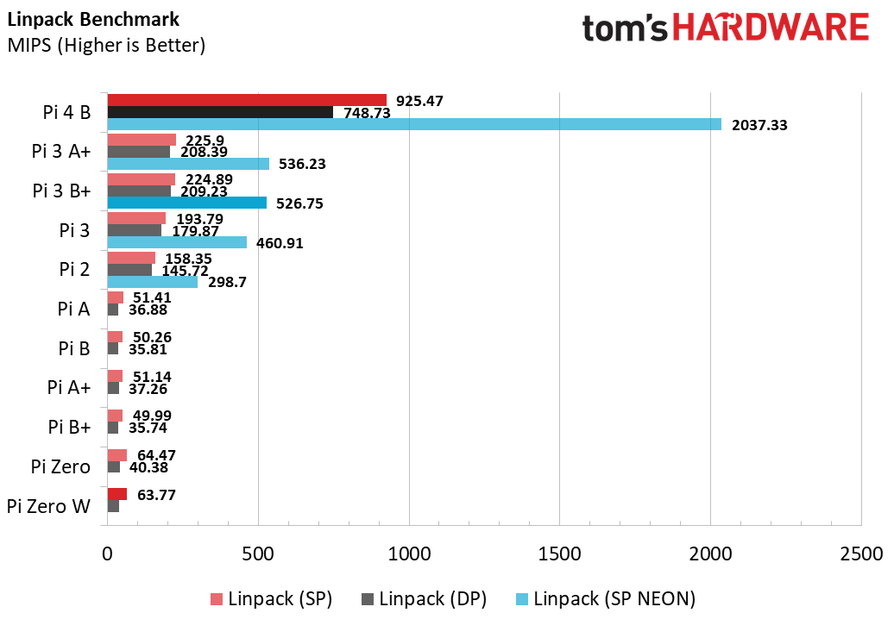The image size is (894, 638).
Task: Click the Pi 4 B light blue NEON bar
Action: [414, 124]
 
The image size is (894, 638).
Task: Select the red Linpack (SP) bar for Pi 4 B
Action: [247, 100]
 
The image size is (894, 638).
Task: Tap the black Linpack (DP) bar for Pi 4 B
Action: [220, 112]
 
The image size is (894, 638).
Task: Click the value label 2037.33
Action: [759, 125]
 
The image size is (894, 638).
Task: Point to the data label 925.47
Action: [419, 101]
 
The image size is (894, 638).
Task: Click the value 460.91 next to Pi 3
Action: [280, 243]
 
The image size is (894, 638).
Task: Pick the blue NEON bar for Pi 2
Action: [152, 282]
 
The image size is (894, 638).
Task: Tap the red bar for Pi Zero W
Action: [116, 494]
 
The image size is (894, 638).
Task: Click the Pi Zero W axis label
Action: [48, 506]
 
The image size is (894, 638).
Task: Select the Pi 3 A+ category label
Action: [60, 152]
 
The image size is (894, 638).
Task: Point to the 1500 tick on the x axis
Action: [560, 554]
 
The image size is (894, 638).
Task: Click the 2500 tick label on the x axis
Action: [860, 554]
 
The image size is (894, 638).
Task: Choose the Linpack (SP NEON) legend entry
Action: [614, 598]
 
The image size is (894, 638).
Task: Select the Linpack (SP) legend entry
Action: [280, 598]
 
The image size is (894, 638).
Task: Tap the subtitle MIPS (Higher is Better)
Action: [106, 45]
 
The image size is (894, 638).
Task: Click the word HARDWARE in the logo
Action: [771, 28]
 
